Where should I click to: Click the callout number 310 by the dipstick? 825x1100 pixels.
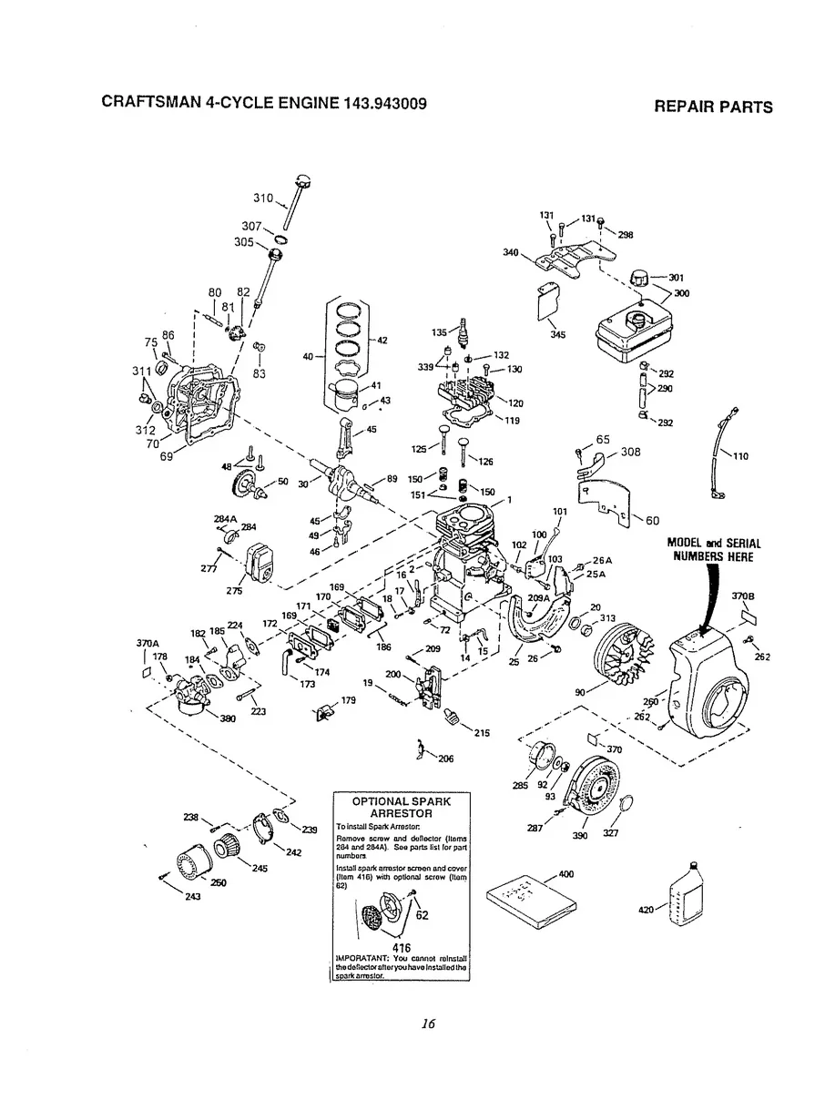click(x=263, y=198)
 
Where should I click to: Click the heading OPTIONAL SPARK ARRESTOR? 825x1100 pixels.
click(x=402, y=807)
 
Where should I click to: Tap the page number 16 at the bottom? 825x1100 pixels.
click(x=429, y=1024)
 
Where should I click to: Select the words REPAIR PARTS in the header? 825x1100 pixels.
click(x=713, y=107)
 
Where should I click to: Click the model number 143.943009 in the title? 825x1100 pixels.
click(x=386, y=103)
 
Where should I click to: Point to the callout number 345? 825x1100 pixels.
click(x=558, y=335)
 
